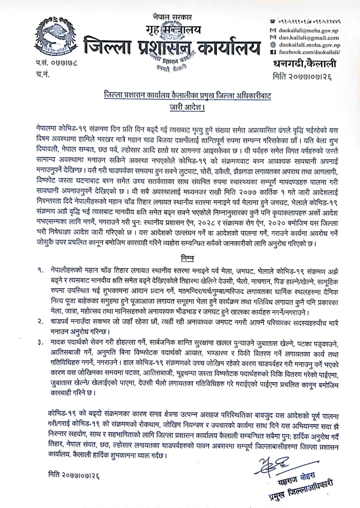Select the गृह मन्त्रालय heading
pos(173,30)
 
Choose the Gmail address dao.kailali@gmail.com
pos(308,38)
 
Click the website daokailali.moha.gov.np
pos(308,45)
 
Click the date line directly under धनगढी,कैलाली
pos(302,76)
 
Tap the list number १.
pos(40,270)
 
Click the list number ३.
pos(40,342)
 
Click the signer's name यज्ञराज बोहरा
pos(291,477)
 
